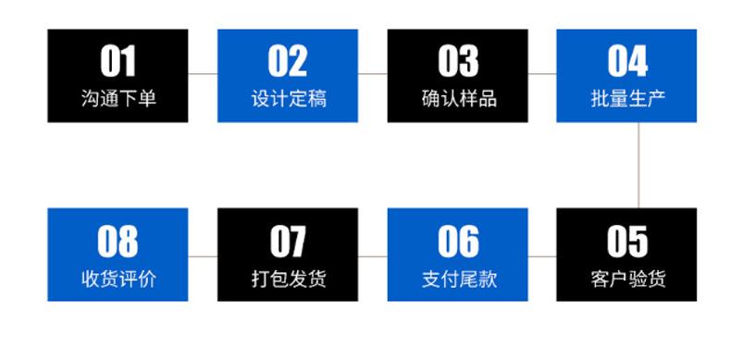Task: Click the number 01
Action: (118, 62)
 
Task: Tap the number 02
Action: (288, 62)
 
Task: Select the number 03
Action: (458, 62)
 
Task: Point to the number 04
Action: (627, 62)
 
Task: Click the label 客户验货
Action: (627, 278)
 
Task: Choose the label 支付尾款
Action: (458, 278)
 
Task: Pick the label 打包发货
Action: (288, 278)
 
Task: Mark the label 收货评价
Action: (118, 278)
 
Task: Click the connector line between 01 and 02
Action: (203, 73)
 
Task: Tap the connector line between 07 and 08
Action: (203, 254)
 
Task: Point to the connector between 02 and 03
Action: (372, 73)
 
